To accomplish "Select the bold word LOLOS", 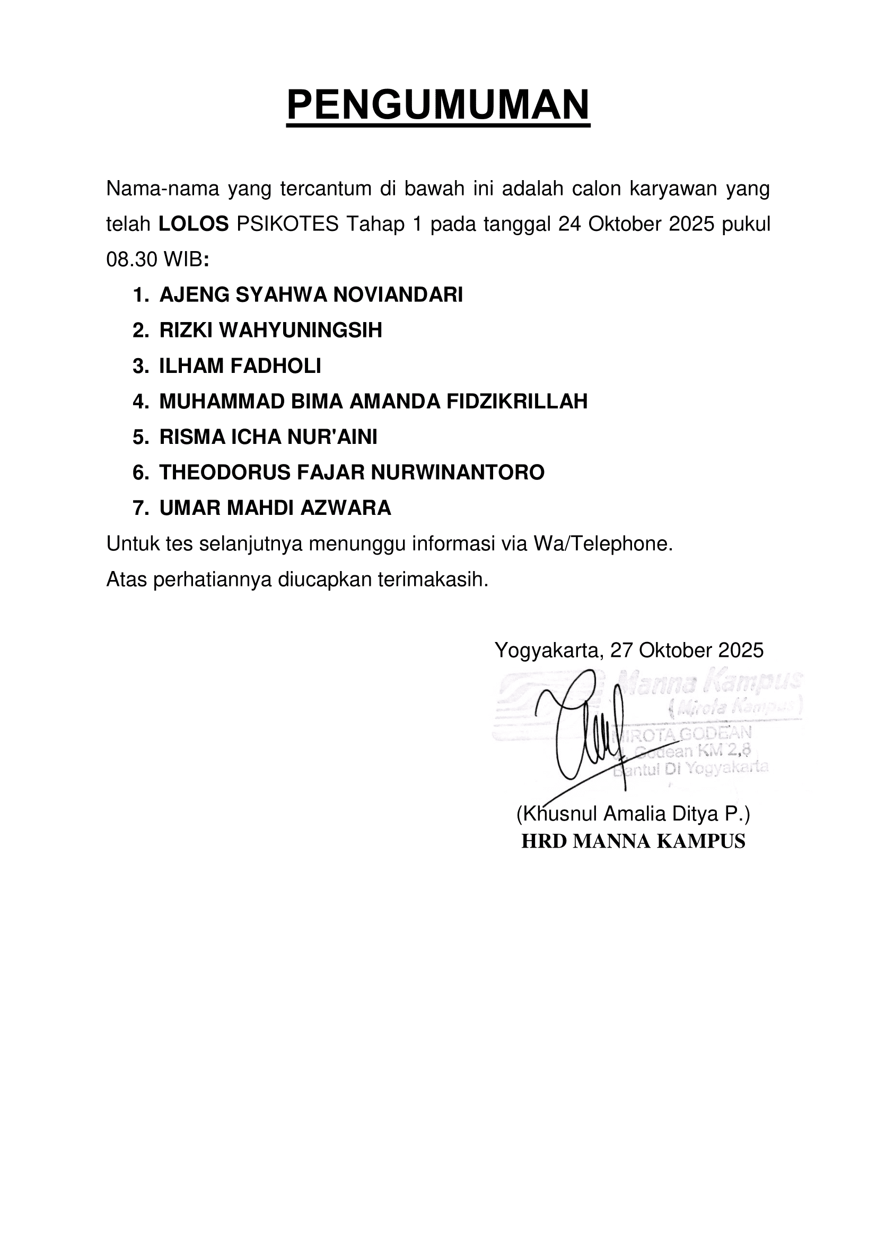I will (194, 224).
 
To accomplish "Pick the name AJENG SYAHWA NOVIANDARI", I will (311, 295).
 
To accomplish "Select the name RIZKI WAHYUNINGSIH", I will (270, 330).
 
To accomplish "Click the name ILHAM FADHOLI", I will (240, 366).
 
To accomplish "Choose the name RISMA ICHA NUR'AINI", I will (268, 437).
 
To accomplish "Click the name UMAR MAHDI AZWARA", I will (275, 509).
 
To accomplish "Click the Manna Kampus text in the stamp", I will (707, 684).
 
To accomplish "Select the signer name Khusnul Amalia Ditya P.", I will (633, 814).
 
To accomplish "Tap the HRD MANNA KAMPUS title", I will (633, 842).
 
